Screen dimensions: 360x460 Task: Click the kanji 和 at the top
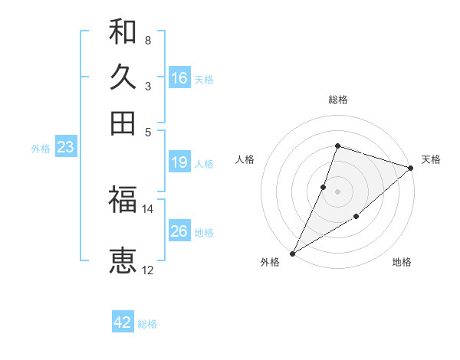coord(123,32)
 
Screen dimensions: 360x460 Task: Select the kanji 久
coord(123,77)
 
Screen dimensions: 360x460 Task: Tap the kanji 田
coord(123,123)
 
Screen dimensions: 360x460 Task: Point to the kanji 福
coord(123,200)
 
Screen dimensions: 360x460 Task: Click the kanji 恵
coord(123,261)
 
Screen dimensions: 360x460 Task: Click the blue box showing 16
coord(179,78)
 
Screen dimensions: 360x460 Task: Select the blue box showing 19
coord(179,162)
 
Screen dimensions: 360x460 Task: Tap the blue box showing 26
coord(179,231)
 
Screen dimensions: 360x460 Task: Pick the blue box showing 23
coord(65,148)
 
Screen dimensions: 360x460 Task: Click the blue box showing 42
coord(123,322)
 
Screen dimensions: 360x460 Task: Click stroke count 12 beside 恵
coord(148,270)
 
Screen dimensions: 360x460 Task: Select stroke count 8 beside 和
coord(147,40)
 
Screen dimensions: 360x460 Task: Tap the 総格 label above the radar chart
coord(338,100)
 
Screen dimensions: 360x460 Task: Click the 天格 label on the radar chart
coord(431,159)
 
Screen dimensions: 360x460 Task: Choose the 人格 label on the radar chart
coord(245,159)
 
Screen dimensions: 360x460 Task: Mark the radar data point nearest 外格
coord(292,253)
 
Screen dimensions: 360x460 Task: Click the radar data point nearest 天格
coord(411,168)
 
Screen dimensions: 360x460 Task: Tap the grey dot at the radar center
coord(338,191)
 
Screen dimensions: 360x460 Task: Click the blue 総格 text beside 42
coord(147,324)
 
